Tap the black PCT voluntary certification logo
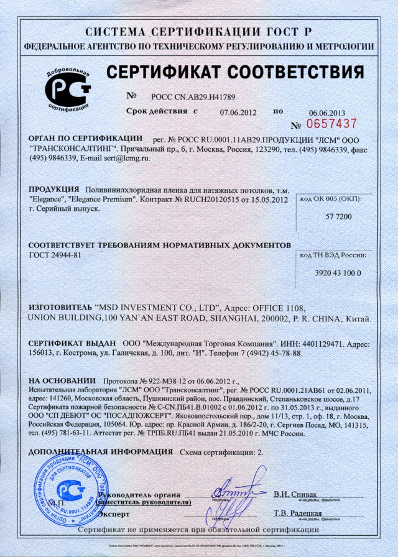click(68, 90)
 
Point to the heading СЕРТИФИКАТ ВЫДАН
click(72, 343)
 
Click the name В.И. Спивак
click(295, 494)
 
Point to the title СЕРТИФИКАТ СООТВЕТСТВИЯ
click(235, 73)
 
